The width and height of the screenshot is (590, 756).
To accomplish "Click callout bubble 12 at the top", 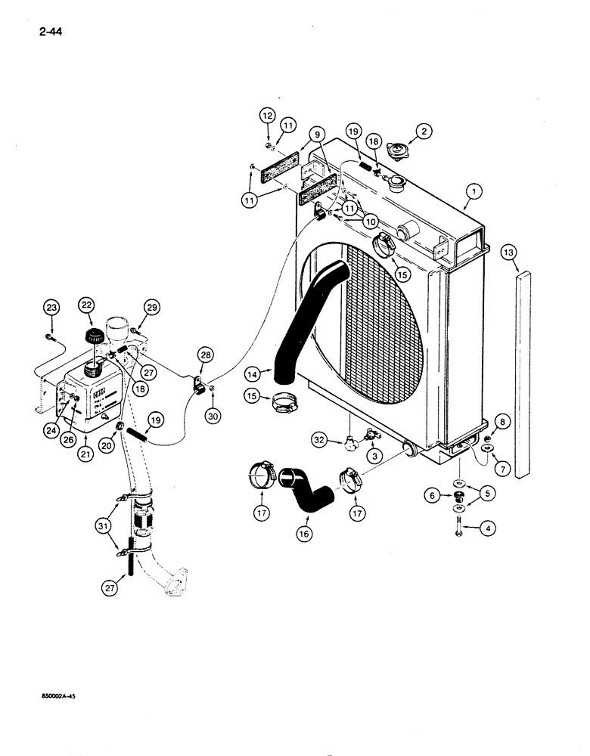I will click(266, 116).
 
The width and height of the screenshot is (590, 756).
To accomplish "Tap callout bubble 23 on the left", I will click(51, 308).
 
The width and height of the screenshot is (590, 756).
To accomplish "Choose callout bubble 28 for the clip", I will click(206, 355).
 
